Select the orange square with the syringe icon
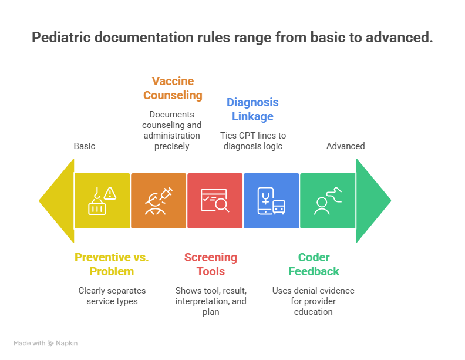[x=159, y=200]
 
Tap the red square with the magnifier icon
[x=215, y=200]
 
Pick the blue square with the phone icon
[x=271, y=200]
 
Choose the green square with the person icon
[x=327, y=200]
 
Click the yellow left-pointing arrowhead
[x=58, y=200]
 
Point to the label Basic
[x=85, y=146]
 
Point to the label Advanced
[x=345, y=146]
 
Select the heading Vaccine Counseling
[x=173, y=88]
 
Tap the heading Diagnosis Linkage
[x=253, y=109]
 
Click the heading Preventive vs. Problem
[x=112, y=264]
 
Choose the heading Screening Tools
[x=211, y=264]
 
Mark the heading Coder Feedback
[x=314, y=264]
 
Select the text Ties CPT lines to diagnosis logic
[x=253, y=141]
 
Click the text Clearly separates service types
[x=112, y=295]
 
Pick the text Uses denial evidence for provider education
[x=314, y=301]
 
